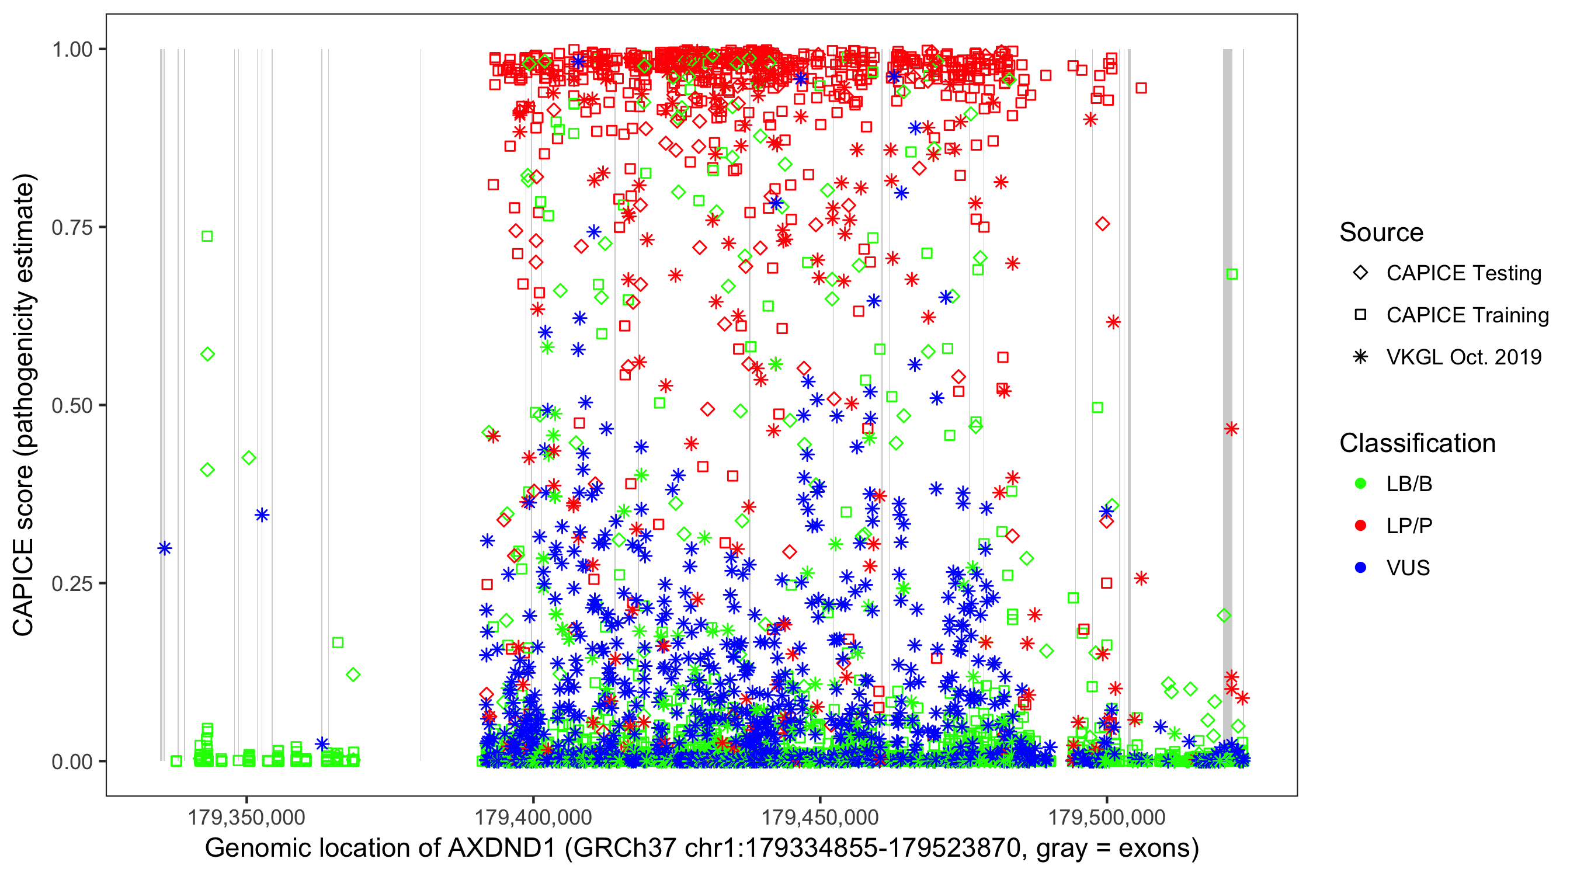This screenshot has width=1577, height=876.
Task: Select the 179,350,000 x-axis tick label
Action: (246, 816)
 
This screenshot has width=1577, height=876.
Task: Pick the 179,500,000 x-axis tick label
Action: (1106, 816)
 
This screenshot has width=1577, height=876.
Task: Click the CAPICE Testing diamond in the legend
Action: (1360, 273)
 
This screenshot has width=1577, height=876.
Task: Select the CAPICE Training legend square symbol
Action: (1360, 315)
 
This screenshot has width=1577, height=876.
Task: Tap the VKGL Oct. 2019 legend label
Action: (1464, 357)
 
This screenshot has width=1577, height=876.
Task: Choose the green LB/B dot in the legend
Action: (1360, 484)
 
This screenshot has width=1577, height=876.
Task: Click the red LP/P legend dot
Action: (1360, 526)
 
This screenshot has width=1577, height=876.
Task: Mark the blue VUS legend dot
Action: (1360, 568)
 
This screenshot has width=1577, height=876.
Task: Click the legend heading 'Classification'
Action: (1417, 443)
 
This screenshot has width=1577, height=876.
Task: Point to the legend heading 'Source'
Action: (1381, 232)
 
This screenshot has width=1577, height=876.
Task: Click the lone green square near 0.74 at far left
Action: (207, 237)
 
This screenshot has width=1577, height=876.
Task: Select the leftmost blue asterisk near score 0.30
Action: (164, 548)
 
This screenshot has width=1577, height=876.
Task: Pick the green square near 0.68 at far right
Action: (1232, 274)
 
